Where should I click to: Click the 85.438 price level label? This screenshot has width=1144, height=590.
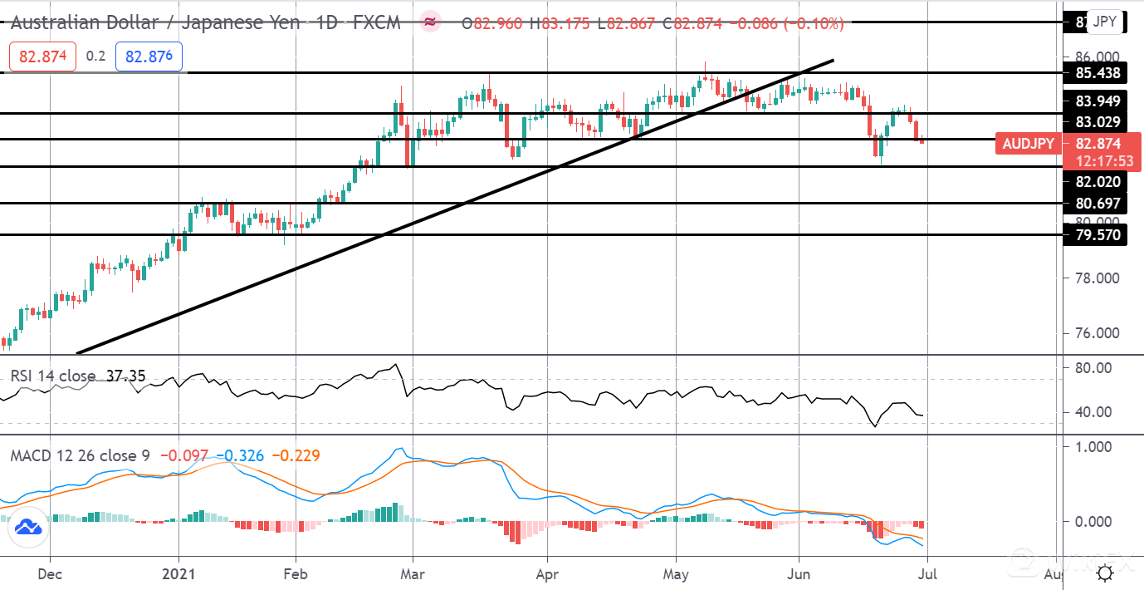coord(1098,73)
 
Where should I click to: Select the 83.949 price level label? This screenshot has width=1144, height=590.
coord(1098,101)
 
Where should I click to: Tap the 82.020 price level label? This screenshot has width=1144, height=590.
coord(1098,182)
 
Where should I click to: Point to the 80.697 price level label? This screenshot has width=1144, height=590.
coord(1098,204)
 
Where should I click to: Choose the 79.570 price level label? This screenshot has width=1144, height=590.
coord(1098,235)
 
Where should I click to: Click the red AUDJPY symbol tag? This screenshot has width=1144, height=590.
coord(1028,144)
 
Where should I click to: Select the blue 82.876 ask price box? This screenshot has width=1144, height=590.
coord(154,56)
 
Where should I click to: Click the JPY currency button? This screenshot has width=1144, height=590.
coord(1104,22)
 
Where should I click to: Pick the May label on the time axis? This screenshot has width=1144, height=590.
coord(677,573)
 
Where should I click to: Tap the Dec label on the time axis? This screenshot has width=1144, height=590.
coord(50,573)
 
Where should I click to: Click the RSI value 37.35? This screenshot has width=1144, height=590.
coord(125,376)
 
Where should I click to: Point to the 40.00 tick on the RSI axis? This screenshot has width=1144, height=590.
coord(1091,412)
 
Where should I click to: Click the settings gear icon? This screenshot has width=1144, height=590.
coord(1105,573)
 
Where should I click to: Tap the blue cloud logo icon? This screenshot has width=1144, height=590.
coord(28,527)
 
